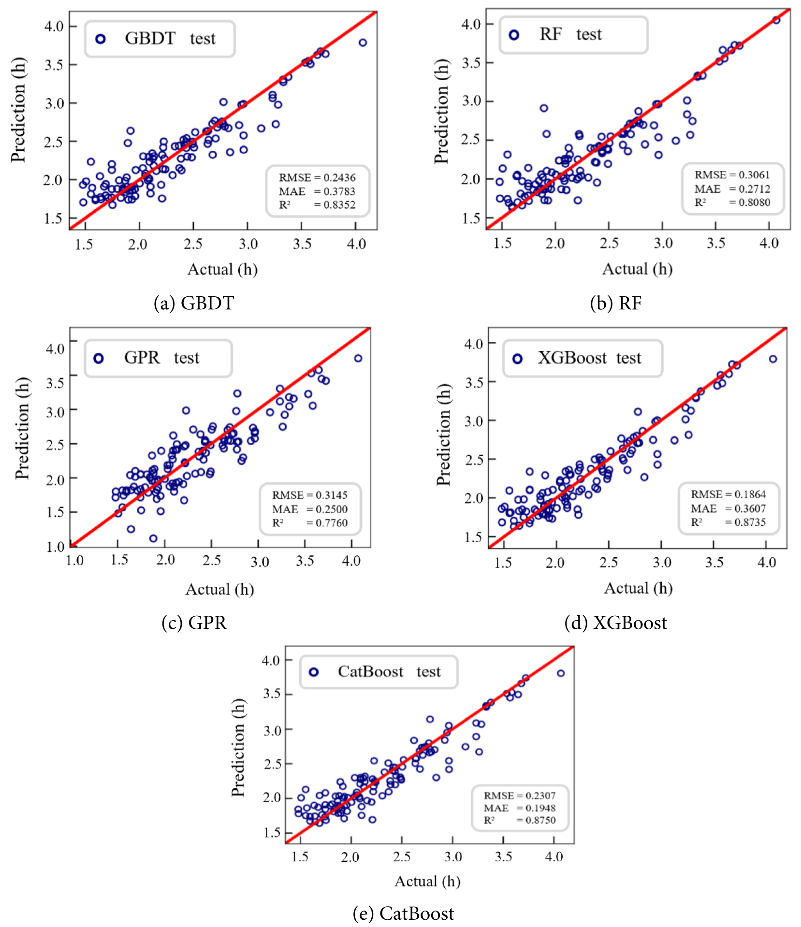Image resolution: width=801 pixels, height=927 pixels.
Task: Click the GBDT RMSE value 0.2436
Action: (x=339, y=178)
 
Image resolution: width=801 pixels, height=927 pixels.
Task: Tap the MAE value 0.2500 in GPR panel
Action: (x=332, y=509)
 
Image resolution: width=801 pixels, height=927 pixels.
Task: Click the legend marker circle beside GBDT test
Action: (x=101, y=39)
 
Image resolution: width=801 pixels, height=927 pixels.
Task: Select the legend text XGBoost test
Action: (x=589, y=358)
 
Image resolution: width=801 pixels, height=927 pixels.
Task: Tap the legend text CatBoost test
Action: (x=389, y=672)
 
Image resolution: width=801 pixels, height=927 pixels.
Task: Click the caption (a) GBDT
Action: (x=194, y=303)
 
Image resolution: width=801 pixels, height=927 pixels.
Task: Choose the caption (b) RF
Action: (x=615, y=303)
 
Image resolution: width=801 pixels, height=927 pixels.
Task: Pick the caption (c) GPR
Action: (x=194, y=623)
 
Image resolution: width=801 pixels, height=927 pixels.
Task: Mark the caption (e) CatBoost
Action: (x=403, y=913)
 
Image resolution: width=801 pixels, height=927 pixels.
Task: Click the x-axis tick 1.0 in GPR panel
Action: (x=74, y=561)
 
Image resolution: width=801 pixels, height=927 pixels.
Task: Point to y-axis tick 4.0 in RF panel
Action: (x=471, y=24)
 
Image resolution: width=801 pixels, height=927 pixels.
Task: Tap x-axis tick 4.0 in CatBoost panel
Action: (x=553, y=857)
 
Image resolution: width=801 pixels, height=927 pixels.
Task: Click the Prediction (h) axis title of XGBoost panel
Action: (x=443, y=435)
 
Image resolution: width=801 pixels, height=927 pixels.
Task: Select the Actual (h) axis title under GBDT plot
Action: (x=222, y=269)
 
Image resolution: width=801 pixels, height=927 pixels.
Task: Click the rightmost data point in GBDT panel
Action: (x=363, y=43)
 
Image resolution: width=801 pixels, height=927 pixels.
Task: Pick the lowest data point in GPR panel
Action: (x=153, y=538)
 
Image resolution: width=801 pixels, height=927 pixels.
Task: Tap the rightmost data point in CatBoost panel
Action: (x=561, y=673)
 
